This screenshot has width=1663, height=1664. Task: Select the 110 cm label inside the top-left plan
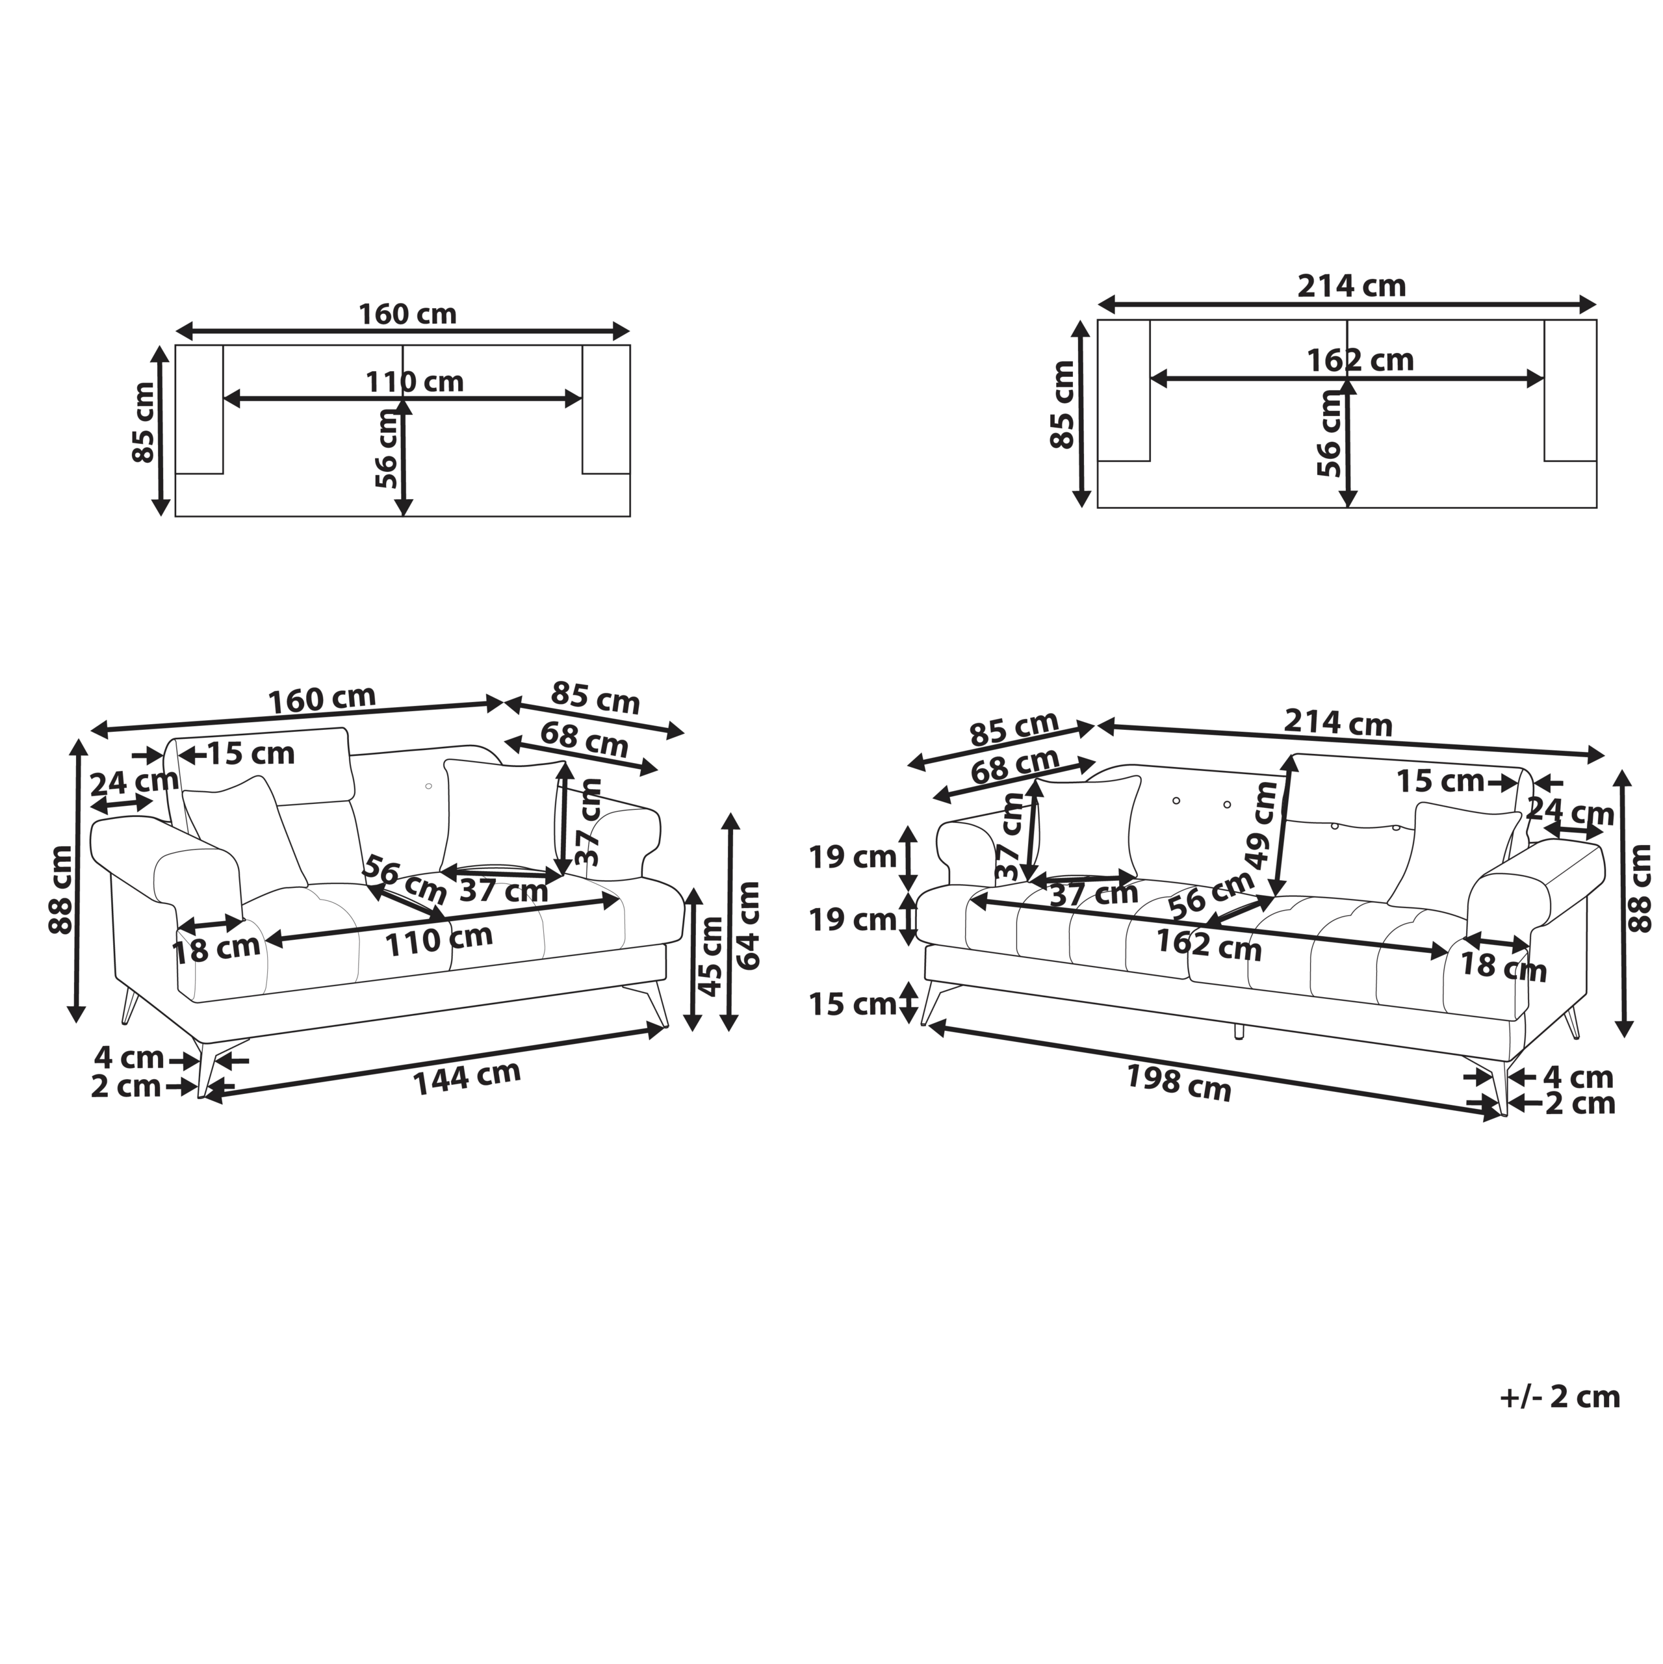tap(414, 382)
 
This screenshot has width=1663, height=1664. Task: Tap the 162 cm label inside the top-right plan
tap(1360, 360)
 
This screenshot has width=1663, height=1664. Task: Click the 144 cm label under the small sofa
tap(468, 1078)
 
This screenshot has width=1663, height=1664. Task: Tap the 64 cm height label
tap(747, 926)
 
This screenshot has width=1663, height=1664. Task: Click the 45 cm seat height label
tap(710, 956)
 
